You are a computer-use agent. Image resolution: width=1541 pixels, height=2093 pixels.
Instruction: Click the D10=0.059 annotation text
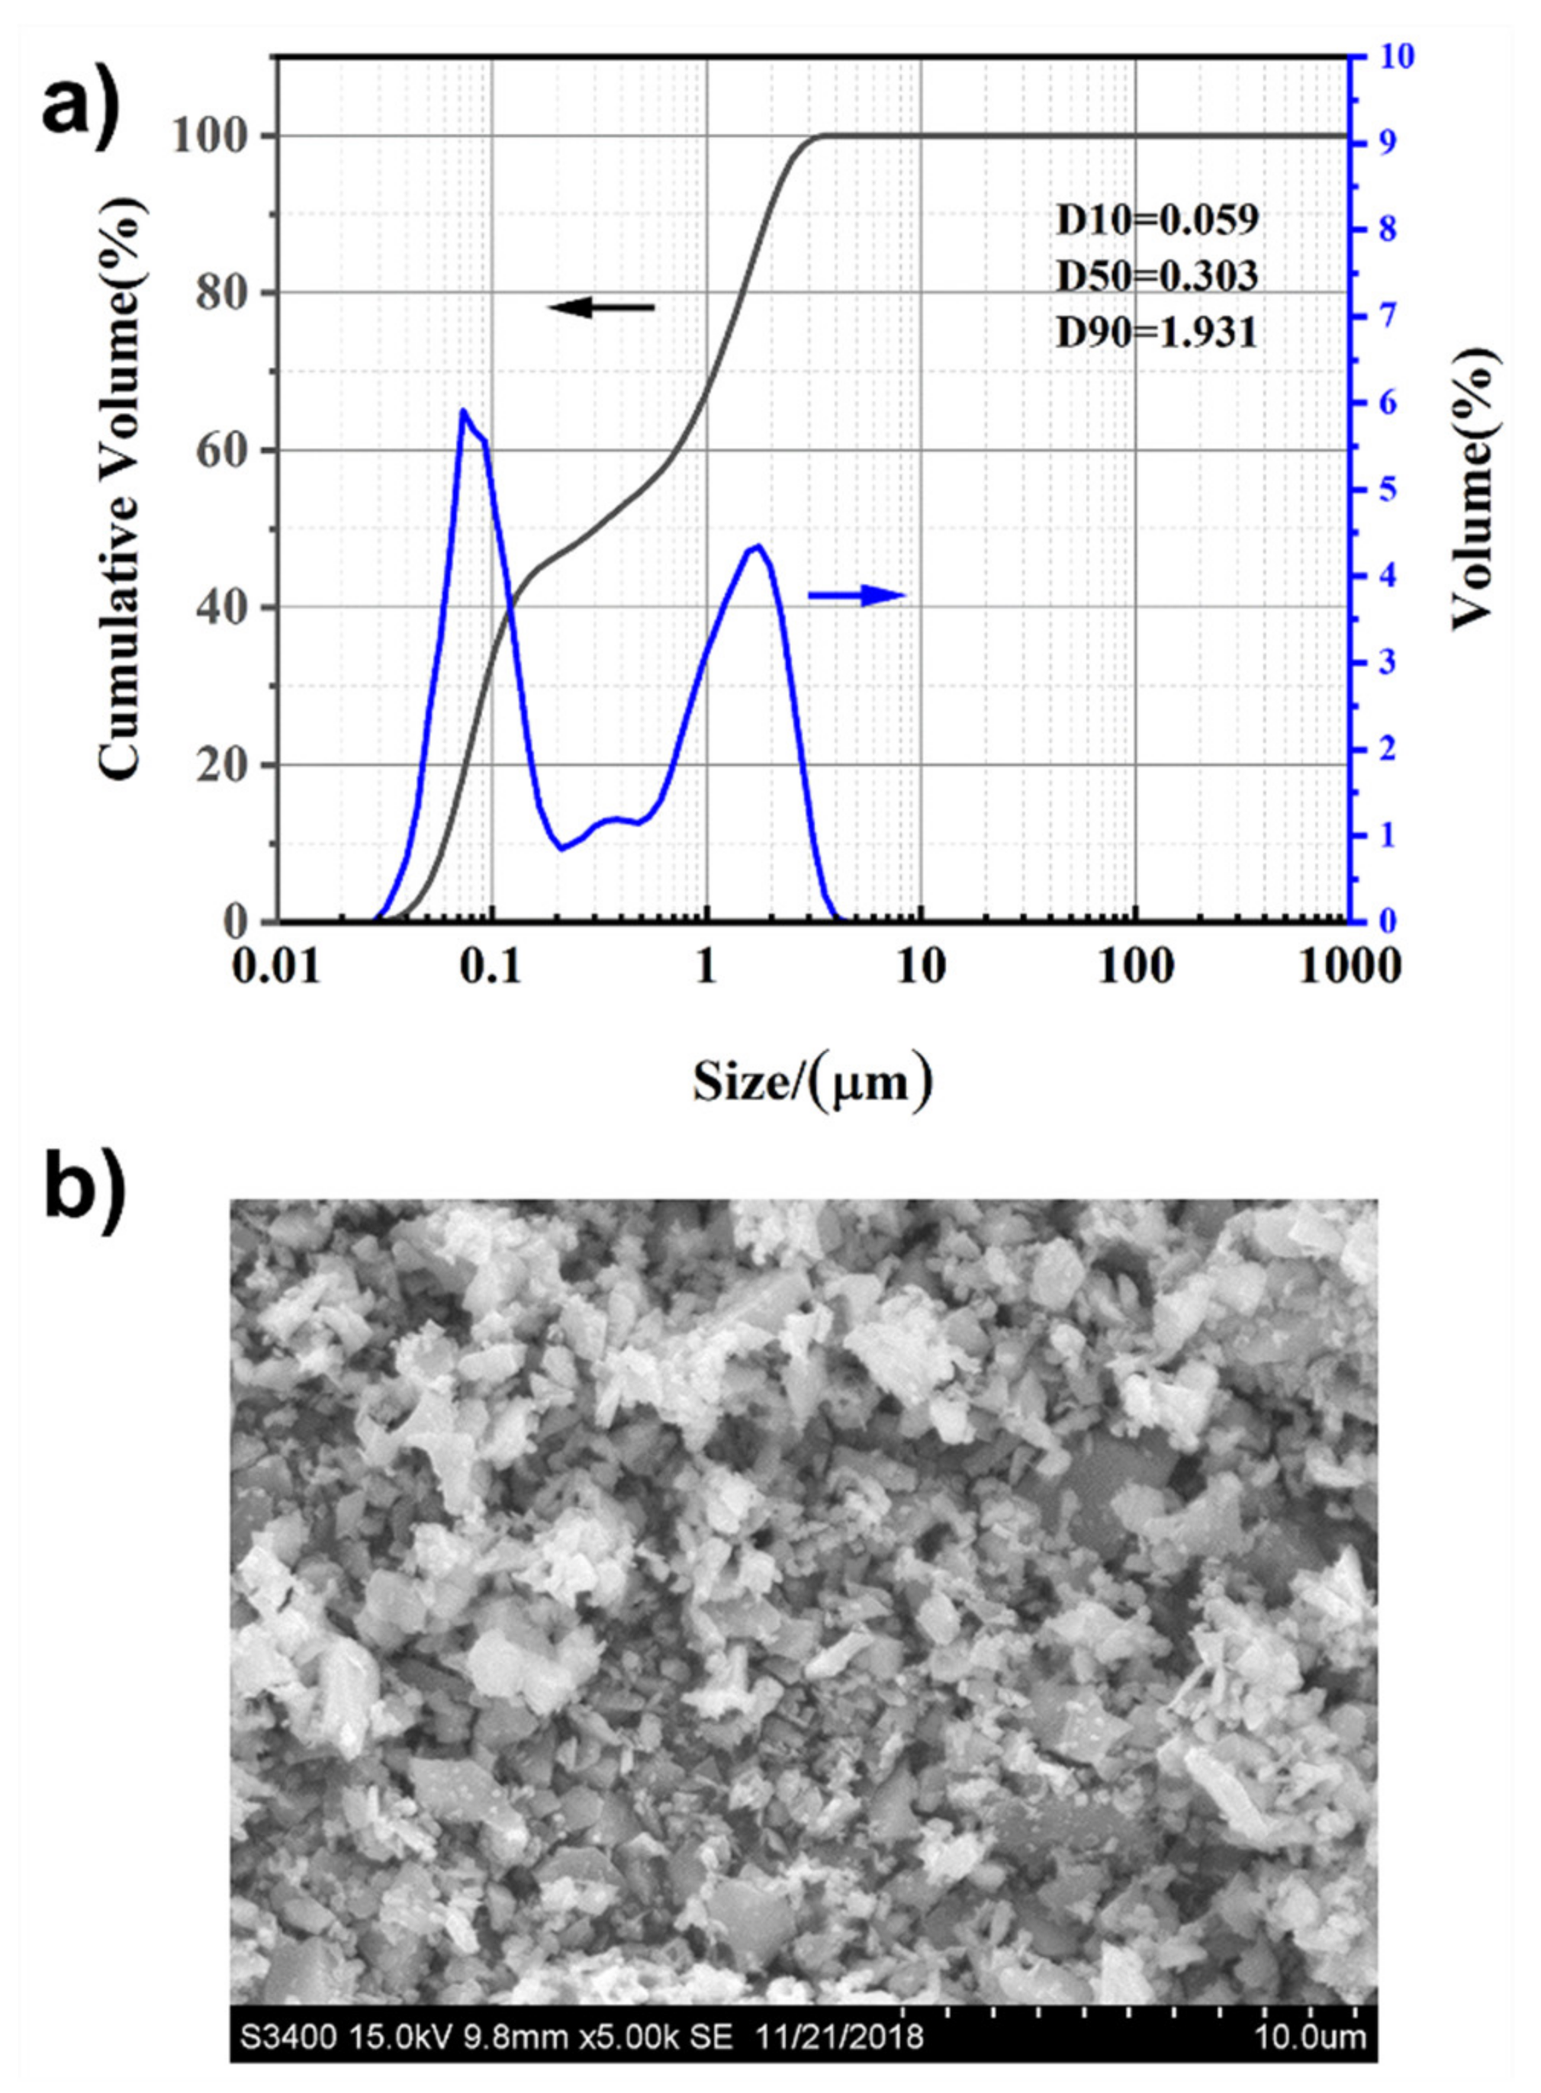1157,220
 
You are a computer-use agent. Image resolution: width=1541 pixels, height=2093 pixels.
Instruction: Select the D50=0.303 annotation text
1157,276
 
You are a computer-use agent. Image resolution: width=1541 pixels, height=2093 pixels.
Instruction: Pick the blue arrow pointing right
856,595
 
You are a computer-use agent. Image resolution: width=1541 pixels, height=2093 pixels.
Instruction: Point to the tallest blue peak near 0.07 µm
462,411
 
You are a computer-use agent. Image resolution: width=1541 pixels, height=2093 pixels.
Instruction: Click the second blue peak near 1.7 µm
758,547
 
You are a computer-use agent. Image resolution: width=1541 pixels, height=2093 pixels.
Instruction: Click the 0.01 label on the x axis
276,968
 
